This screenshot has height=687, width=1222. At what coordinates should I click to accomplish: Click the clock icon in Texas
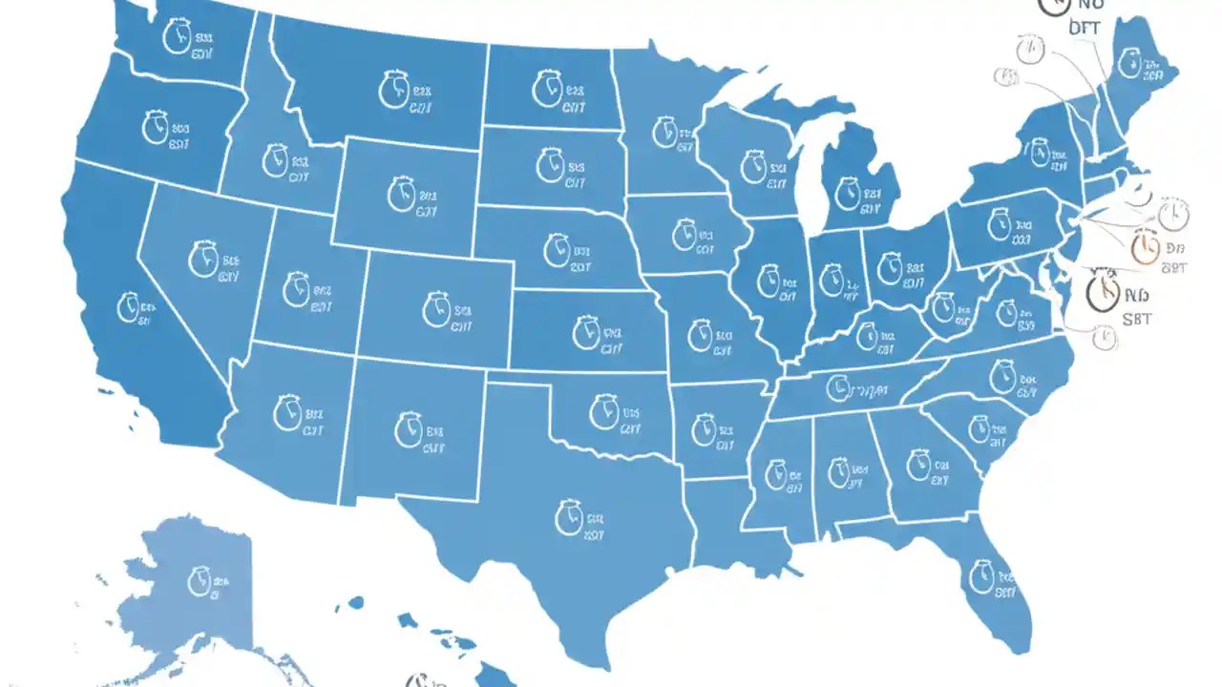click(568, 517)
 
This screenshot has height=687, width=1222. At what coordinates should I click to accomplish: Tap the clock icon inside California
click(128, 307)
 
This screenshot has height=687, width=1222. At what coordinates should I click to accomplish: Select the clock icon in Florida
click(980, 575)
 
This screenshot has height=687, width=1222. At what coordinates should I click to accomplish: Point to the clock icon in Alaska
click(199, 580)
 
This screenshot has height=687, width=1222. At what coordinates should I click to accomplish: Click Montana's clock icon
click(392, 89)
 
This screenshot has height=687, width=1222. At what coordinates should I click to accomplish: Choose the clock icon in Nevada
click(202, 259)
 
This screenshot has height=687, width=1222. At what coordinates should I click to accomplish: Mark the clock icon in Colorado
click(436, 308)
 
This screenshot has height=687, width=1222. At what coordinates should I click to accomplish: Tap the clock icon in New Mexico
click(407, 428)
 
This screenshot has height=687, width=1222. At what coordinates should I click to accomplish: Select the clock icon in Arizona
click(287, 411)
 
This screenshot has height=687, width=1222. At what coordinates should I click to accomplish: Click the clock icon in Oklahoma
click(603, 412)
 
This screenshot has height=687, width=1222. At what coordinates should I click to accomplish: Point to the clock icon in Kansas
click(586, 333)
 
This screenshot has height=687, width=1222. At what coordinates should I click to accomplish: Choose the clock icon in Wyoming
click(401, 193)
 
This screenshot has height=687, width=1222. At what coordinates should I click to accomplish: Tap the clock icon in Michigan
click(847, 194)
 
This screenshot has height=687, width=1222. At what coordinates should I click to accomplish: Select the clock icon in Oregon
click(155, 127)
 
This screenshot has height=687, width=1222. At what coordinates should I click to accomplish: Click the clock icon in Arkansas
click(704, 428)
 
